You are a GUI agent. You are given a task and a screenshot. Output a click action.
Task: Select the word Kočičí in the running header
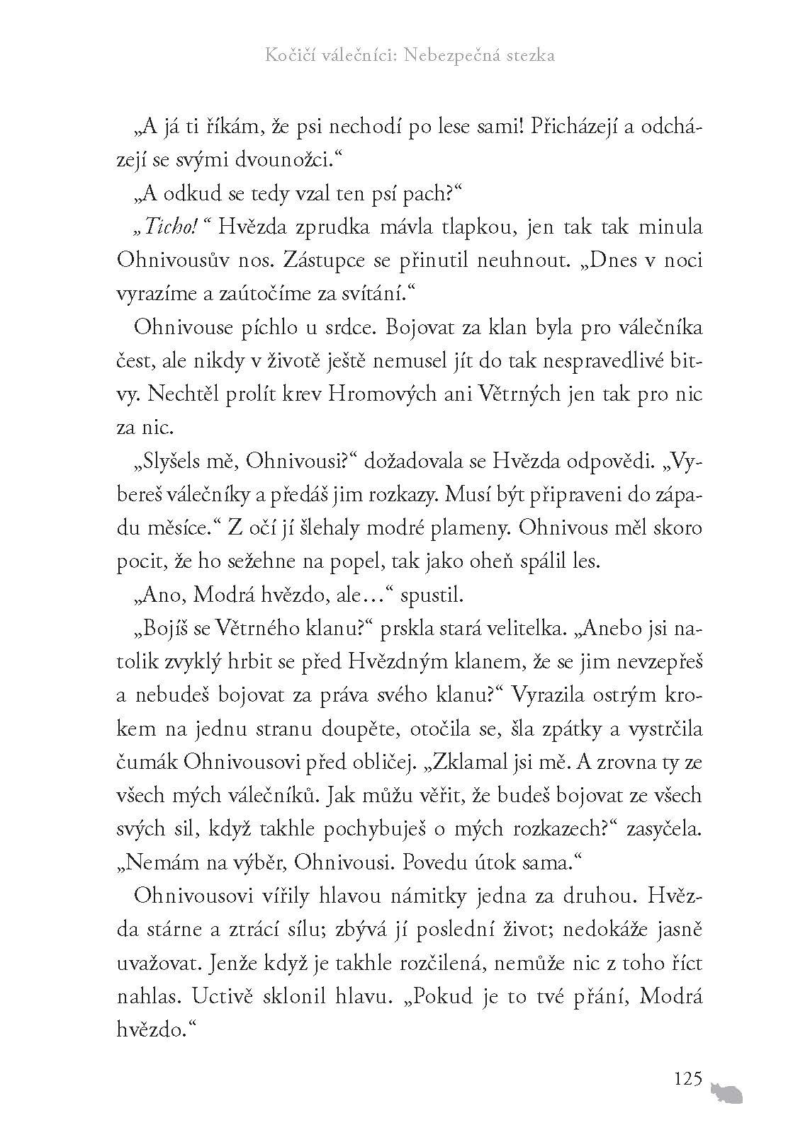tap(284, 56)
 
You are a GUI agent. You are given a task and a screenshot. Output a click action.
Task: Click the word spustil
tap(432, 595)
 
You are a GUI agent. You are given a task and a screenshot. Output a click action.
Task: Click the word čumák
tap(147, 763)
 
